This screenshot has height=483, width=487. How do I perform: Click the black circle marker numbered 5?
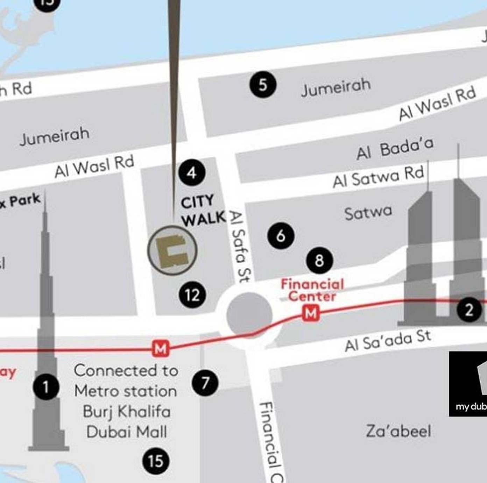tap(263, 85)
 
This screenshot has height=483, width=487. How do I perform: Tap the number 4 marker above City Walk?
tap(191, 172)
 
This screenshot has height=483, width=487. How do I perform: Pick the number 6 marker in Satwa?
tap(281, 236)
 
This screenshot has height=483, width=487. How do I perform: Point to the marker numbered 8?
tap(319, 260)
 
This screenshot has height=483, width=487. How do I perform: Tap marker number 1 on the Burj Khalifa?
tap(46, 387)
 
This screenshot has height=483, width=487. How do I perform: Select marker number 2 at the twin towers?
tap(469, 310)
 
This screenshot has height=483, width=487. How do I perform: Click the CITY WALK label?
tap(202, 211)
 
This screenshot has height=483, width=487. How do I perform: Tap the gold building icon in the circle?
tap(172, 251)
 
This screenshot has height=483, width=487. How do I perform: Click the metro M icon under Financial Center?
tap(311, 313)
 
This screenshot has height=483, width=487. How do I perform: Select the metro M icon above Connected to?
tap(161, 349)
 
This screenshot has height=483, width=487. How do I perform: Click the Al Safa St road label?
tap(240, 247)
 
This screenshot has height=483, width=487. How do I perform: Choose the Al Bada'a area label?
tap(395, 149)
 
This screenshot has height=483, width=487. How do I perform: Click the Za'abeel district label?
tap(398, 431)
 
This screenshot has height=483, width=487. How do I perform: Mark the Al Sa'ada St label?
tap(388, 341)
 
